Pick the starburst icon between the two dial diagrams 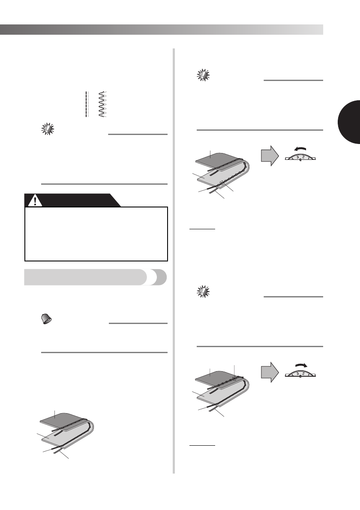tap(203, 291)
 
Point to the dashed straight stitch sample tap(86, 104)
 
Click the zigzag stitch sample tap(102, 104)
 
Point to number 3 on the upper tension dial tap(297, 157)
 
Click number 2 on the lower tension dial tap(303, 373)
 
